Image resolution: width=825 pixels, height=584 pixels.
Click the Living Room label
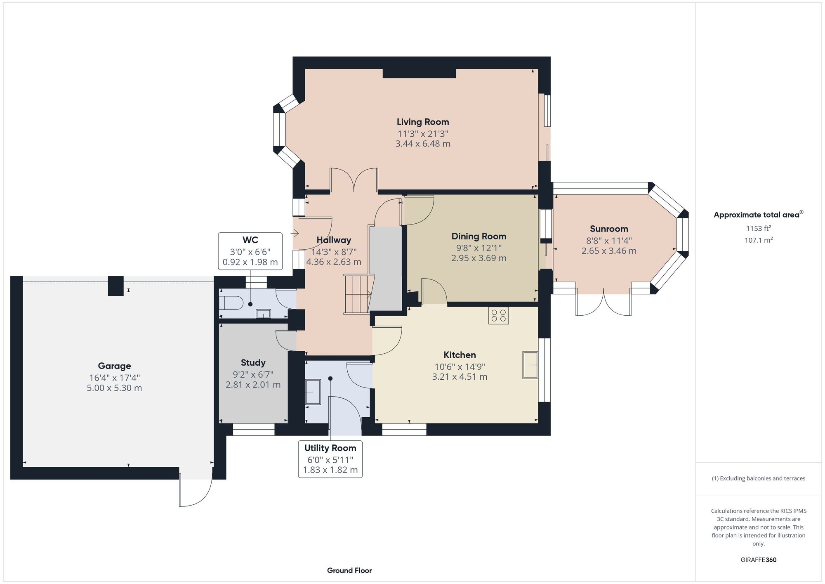(x=422, y=122)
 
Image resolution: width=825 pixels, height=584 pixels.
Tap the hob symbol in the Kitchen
(x=498, y=316)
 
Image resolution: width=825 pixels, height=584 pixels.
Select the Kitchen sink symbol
(x=530, y=365)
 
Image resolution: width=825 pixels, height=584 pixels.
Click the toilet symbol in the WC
(x=231, y=303)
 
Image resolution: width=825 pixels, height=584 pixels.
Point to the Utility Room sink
(x=313, y=392)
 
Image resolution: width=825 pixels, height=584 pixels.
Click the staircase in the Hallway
(x=357, y=294)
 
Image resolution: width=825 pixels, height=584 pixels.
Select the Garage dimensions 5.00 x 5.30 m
(x=114, y=388)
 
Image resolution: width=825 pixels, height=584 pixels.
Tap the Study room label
(x=253, y=362)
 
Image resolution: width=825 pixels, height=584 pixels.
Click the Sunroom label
(x=608, y=229)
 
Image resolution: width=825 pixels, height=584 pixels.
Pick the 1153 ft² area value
(x=758, y=228)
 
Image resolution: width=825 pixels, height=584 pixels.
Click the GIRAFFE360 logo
(x=758, y=560)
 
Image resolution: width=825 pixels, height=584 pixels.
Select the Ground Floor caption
(x=349, y=570)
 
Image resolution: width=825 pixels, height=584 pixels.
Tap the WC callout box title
(x=250, y=240)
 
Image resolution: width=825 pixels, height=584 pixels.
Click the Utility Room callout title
(x=330, y=448)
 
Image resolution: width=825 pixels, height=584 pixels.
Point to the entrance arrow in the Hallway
(x=295, y=234)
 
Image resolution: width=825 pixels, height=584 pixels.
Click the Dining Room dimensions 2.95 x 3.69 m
(x=478, y=258)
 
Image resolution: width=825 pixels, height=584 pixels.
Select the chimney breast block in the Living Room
(x=419, y=73)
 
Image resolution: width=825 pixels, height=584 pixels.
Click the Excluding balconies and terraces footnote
(x=758, y=478)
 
